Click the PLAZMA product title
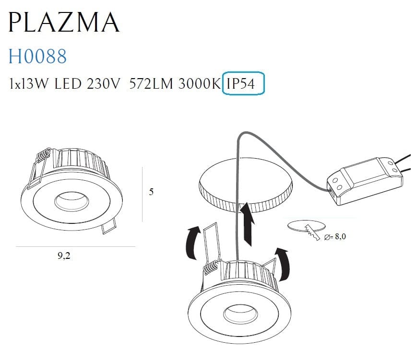click(64, 22)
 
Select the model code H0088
click(38, 57)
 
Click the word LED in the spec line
click(69, 85)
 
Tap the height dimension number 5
click(152, 192)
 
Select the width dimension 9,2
click(64, 255)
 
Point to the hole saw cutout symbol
click(306, 228)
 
